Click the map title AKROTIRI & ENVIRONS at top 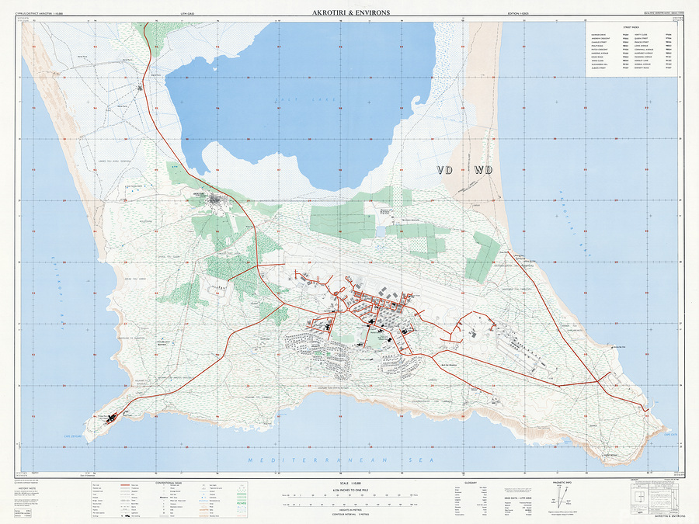coord(350,12)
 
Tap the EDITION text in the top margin coord(518,14)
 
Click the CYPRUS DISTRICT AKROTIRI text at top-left coord(47,14)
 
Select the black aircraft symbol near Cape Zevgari coord(111,418)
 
